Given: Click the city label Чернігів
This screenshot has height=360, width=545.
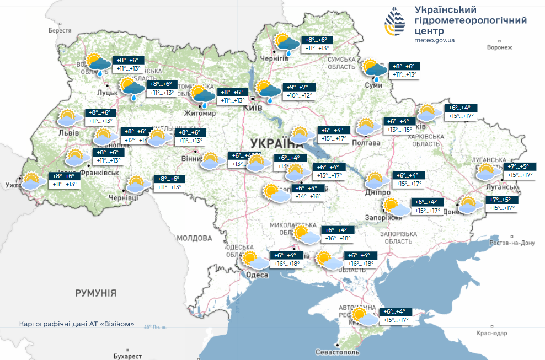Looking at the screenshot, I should click(274, 58).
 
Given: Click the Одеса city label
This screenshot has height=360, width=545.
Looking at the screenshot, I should click(257, 275).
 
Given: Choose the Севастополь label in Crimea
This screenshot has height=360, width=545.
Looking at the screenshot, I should click(338, 352).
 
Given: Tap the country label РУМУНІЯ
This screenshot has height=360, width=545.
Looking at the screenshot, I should click(96, 293).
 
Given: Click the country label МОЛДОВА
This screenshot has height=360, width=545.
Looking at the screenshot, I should click(194, 238).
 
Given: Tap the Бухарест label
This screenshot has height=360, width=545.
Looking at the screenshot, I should click(127, 356).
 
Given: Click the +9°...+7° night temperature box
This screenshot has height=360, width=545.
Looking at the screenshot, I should click(299, 88).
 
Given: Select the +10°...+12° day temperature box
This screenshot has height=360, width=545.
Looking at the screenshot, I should click(299, 96).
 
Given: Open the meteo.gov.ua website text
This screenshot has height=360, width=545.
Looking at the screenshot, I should click(434, 41).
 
